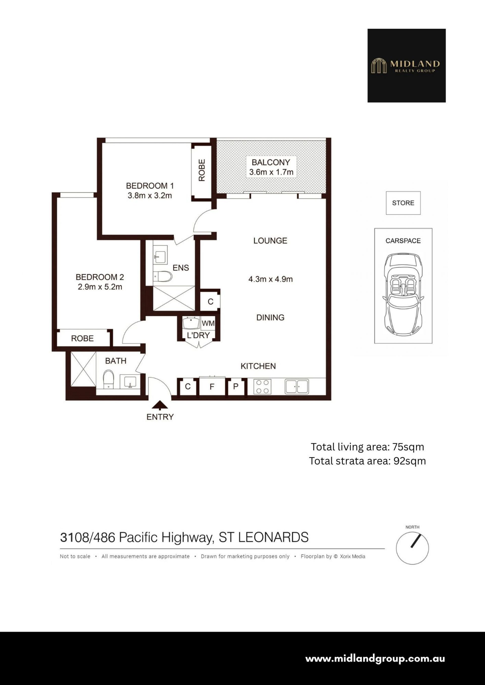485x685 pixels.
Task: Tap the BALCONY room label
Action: pyautogui.click(x=271, y=162)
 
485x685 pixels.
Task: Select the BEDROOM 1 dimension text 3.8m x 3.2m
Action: pyautogui.click(x=150, y=196)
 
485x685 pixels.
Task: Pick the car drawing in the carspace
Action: pyautogui.click(x=403, y=294)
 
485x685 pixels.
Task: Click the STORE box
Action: pyautogui.click(x=403, y=203)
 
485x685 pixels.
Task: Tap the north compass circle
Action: pyautogui.click(x=413, y=548)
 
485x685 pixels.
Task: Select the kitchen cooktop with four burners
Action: pyautogui.click(x=262, y=387)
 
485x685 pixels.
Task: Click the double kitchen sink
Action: pyautogui.click(x=297, y=387)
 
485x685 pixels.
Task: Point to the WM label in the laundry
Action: pyautogui.click(x=208, y=323)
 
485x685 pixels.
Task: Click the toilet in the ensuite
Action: pyautogui.click(x=163, y=277)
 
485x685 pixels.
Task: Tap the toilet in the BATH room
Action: pyautogui.click(x=108, y=379)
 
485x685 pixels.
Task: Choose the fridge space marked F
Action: pyautogui.click(x=212, y=387)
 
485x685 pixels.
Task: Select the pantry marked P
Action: pyautogui.click(x=236, y=387)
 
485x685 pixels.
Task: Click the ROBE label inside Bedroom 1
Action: pyautogui.click(x=202, y=170)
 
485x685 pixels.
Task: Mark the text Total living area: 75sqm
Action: pyautogui.click(x=367, y=447)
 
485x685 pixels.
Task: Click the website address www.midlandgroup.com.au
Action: pyautogui.click(x=375, y=659)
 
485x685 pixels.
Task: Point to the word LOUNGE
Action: pyautogui.click(x=270, y=240)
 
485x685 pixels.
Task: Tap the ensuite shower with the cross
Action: pyautogui.click(x=174, y=298)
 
